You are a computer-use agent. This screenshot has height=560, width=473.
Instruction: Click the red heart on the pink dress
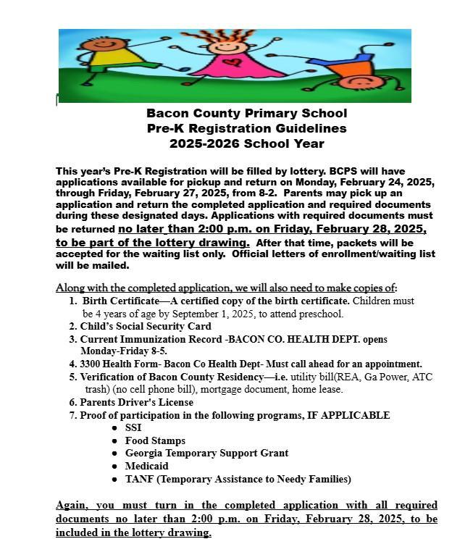[230, 62]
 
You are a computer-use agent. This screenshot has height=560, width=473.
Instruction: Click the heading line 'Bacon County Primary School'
[246, 113]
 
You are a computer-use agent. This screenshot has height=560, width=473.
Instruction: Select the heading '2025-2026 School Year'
[246, 143]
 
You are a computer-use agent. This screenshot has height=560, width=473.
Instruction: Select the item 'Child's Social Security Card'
[146, 327]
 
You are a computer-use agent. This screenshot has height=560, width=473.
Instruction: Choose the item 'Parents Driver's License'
[136, 402]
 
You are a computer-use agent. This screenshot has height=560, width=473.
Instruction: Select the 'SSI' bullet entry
[133, 427]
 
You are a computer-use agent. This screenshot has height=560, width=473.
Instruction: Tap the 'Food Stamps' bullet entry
[155, 440]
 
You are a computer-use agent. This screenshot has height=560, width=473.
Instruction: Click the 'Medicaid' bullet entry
[146, 466]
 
